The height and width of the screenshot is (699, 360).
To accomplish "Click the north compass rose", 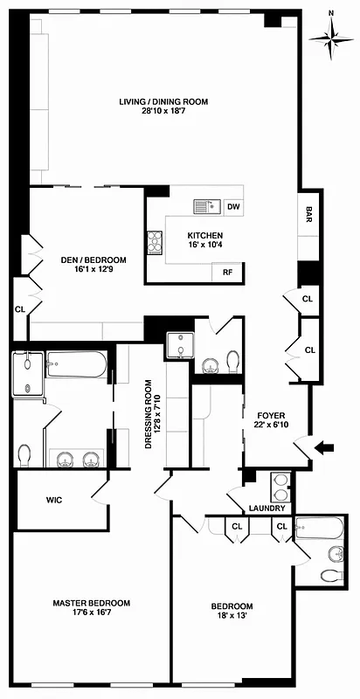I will [x=331, y=38].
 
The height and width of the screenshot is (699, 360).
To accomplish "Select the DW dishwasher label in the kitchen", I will [x=233, y=207].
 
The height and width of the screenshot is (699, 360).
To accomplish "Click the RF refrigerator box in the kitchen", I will [x=227, y=273].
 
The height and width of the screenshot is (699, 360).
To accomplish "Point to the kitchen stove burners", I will [x=156, y=241].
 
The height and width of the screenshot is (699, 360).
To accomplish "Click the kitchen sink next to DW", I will [x=206, y=206].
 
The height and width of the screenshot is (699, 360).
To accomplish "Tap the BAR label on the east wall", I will [x=308, y=214].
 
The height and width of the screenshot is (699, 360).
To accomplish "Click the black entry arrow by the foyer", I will [x=324, y=448].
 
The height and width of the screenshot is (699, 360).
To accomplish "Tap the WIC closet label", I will [x=58, y=501].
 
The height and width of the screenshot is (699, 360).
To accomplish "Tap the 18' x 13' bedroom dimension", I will [x=232, y=619].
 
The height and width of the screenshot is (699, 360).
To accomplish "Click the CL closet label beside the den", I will [x=19, y=308].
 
